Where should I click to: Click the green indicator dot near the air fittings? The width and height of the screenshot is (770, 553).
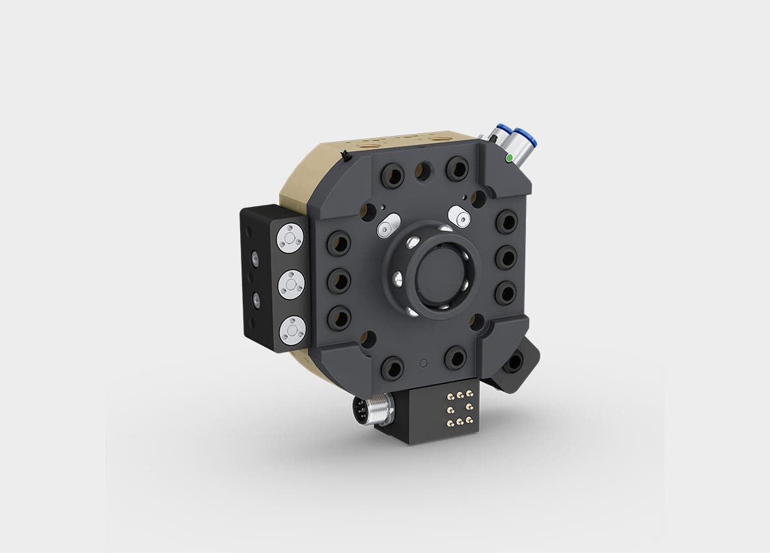[507, 157]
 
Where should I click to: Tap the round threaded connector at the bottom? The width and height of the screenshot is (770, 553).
[364, 412]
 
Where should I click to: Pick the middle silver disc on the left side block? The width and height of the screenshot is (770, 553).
[291, 284]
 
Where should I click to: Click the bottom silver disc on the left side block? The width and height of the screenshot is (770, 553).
[291, 330]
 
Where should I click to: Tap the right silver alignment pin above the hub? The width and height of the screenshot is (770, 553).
[460, 217]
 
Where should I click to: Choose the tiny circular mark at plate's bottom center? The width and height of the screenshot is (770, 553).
[424, 362]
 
